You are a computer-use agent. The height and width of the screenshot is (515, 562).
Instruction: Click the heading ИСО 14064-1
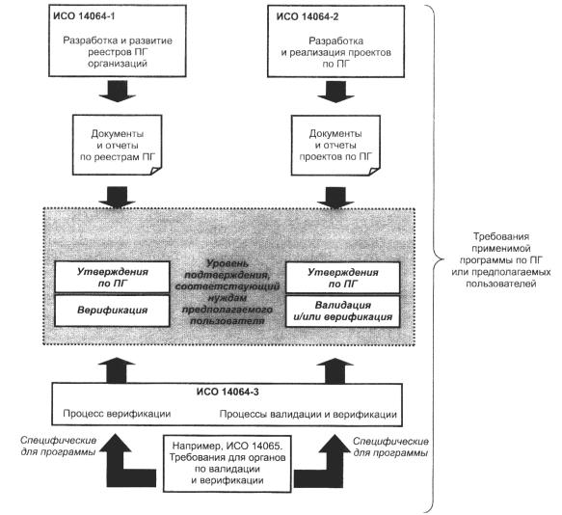click(x=84, y=16)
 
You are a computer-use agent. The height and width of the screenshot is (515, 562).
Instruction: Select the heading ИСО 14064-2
click(x=308, y=16)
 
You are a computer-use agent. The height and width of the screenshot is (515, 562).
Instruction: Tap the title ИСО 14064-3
click(x=227, y=392)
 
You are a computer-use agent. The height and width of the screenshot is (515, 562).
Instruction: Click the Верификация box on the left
click(x=112, y=311)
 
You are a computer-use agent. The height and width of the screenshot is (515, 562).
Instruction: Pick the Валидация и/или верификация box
click(x=342, y=312)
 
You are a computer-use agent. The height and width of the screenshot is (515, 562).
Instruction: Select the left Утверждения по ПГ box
click(x=112, y=277)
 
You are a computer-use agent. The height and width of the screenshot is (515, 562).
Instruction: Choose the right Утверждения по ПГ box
click(x=342, y=278)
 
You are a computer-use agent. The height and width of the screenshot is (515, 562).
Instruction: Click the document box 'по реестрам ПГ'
click(x=118, y=145)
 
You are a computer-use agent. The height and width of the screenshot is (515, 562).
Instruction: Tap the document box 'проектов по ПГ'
click(x=335, y=146)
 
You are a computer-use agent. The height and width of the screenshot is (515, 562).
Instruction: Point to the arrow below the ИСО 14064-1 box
click(x=118, y=91)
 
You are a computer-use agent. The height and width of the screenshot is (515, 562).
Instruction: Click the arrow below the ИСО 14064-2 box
click(x=335, y=92)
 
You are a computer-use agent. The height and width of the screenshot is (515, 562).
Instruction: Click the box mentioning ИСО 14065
click(x=227, y=463)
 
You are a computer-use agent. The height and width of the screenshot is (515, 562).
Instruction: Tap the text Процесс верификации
click(x=117, y=414)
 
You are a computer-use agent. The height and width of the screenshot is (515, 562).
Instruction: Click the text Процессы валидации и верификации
click(x=308, y=415)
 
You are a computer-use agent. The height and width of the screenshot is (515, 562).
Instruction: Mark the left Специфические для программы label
click(x=59, y=446)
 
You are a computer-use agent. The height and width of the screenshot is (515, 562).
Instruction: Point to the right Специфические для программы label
click(x=390, y=447)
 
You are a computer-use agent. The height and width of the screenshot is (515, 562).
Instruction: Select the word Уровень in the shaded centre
click(x=227, y=263)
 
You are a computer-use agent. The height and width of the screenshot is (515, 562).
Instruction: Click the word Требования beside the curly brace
click(x=501, y=236)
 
